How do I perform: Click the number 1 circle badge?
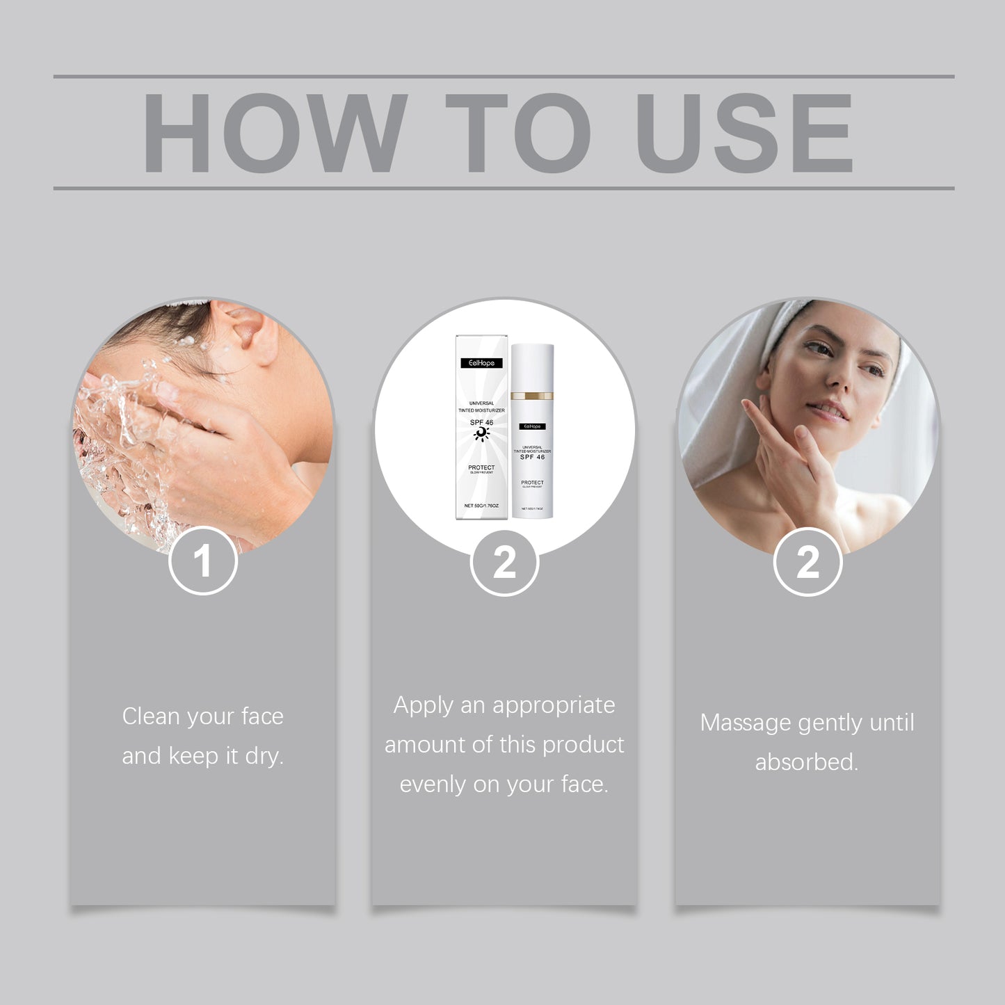click(x=202, y=561)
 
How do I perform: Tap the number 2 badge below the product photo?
click(x=504, y=562)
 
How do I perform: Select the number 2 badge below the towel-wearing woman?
click(x=807, y=562)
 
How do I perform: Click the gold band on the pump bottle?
click(x=532, y=396)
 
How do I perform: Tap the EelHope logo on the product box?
click(x=481, y=363)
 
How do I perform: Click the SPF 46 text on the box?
click(x=481, y=422)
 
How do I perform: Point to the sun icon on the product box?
click(x=481, y=434)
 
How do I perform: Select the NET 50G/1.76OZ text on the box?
click(x=481, y=506)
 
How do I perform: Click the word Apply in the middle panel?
click(x=424, y=705)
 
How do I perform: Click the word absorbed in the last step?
click(x=807, y=762)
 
